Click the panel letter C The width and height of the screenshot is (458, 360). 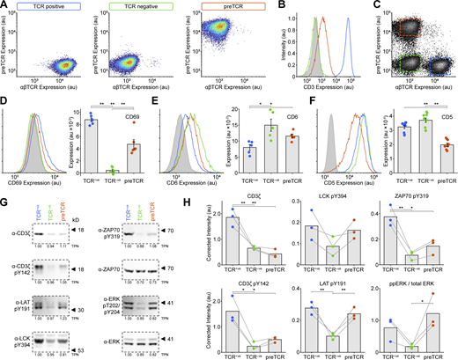(369, 5)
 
